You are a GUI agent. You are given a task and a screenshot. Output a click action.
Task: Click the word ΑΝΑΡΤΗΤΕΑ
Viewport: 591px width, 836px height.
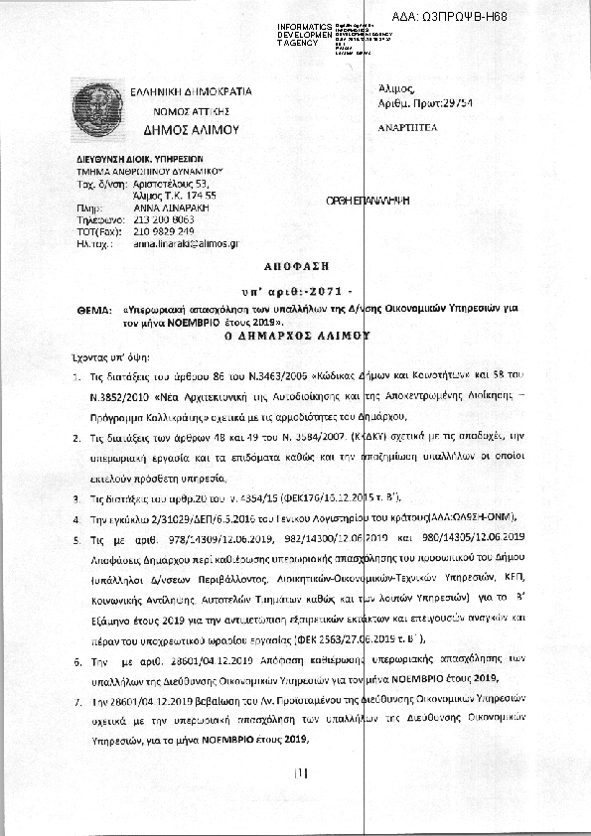pos(407,128)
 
